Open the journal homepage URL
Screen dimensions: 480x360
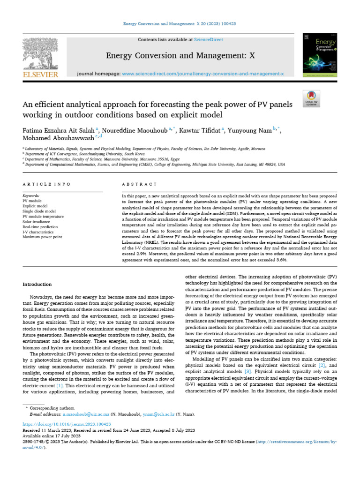click(202, 74)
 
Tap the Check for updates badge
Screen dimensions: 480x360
click(311, 98)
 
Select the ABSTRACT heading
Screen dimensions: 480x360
click(135, 185)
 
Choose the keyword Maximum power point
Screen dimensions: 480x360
click(42, 237)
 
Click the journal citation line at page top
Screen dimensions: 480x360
click(180, 23)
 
